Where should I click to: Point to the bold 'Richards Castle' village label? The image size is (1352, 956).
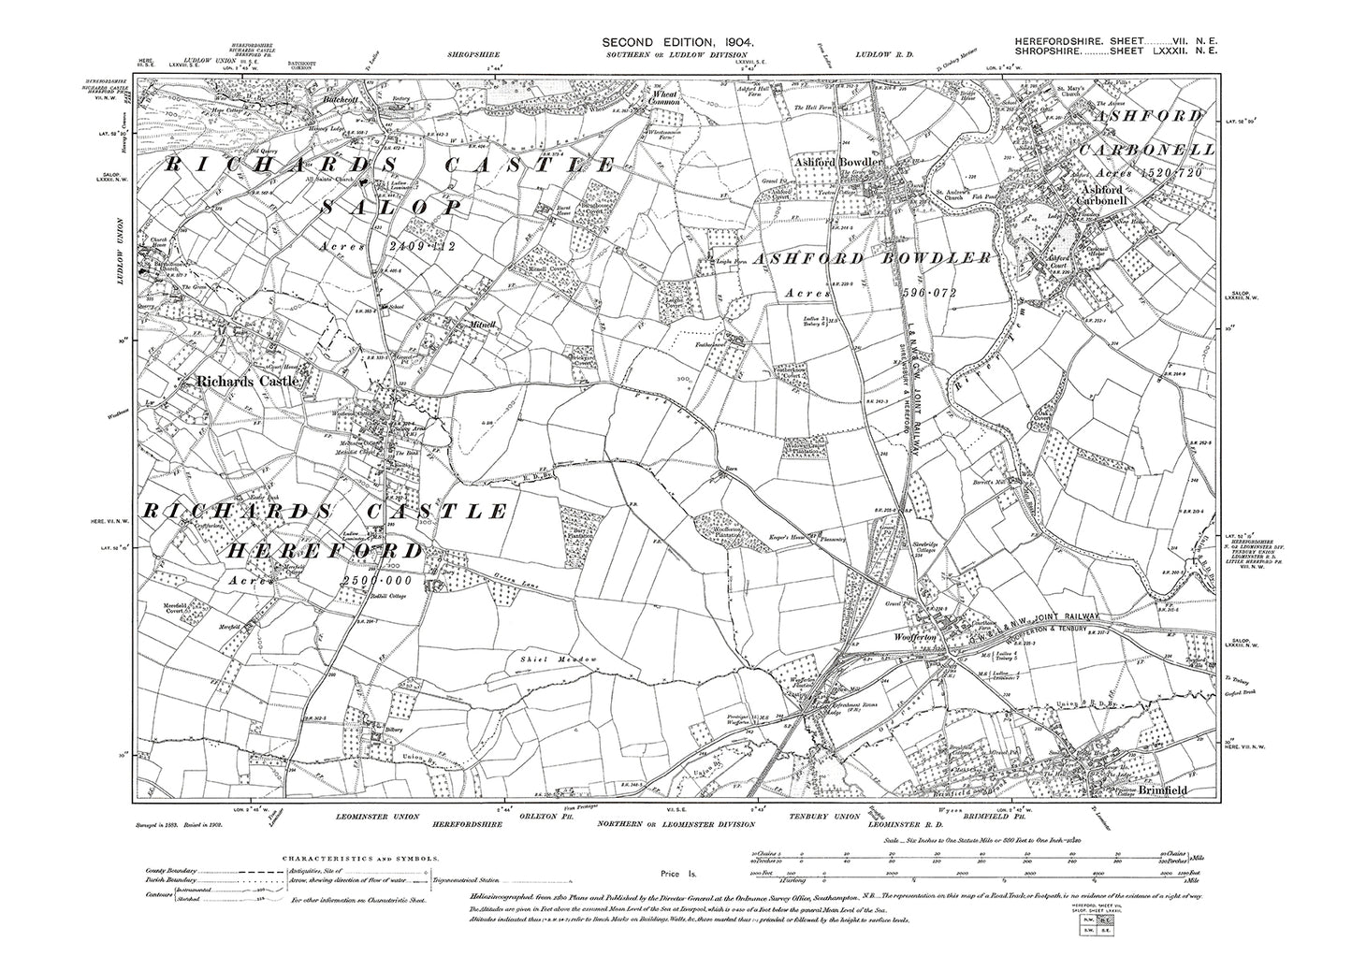click(247, 382)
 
